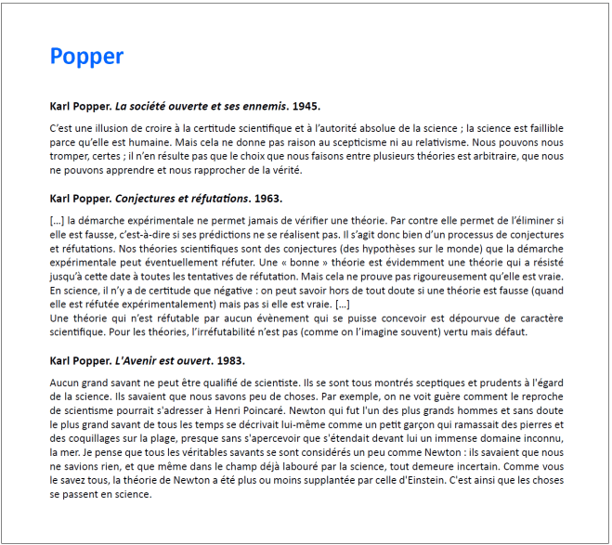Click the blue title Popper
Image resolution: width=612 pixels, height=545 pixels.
pyautogui.click(x=86, y=57)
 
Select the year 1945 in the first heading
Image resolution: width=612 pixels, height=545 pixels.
pyautogui.click(x=305, y=106)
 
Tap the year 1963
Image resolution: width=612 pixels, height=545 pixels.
pyautogui.click(x=267, y=199)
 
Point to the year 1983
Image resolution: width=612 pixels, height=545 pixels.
pyautogui.click(x=230, y=360)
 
